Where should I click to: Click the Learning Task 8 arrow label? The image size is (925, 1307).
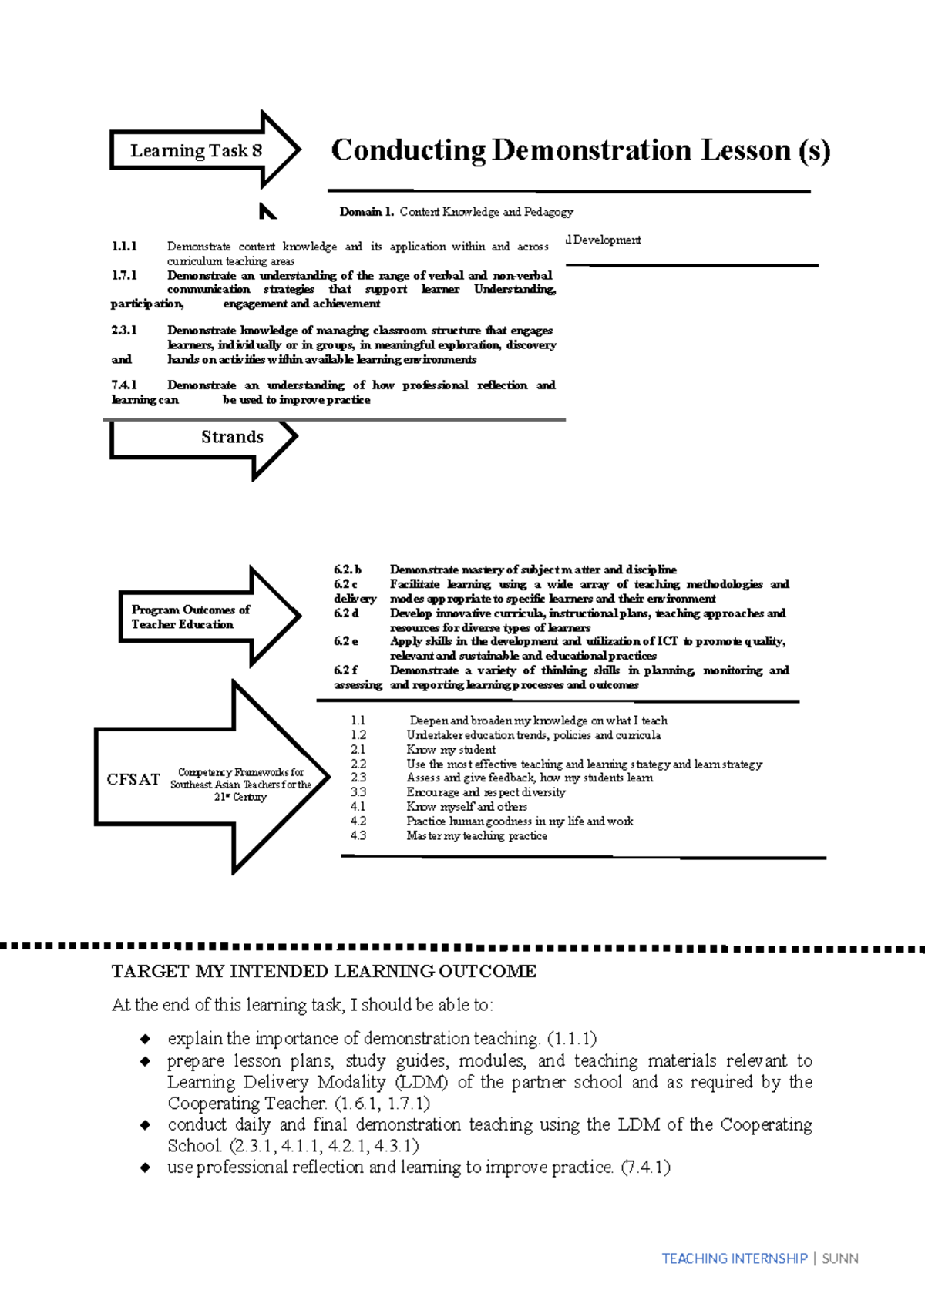tap(196, 150)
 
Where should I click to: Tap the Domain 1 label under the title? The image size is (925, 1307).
tap(367, 212)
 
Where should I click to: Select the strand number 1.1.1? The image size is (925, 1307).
tap(124, 247)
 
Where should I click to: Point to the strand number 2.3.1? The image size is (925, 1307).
tap(124, 331)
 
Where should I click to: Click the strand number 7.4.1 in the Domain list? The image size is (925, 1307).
tap(124, 385)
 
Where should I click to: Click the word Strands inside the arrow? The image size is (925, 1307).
tap(232, 437)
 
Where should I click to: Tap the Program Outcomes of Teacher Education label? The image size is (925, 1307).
tap(190, 617)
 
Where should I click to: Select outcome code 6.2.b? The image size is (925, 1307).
tap(347, 570)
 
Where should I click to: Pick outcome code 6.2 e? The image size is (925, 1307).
tap(345, 641)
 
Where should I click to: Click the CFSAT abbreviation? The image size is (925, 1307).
tap(133, 779)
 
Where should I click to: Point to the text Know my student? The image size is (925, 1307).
tap(451, 749)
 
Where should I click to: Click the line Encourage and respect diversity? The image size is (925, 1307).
tap(486, 792)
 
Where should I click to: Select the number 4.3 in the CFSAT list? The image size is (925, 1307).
tap(358, 835)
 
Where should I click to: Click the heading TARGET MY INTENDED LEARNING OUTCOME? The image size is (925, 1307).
tap(324, 971)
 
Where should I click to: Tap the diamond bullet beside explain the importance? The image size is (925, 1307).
tap(145, 1039)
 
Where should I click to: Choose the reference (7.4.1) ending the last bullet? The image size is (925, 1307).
tap(645, 1167)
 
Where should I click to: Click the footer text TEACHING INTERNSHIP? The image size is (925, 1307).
tap(734, 1258)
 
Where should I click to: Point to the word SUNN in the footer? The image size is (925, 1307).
tap(839, 1258)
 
